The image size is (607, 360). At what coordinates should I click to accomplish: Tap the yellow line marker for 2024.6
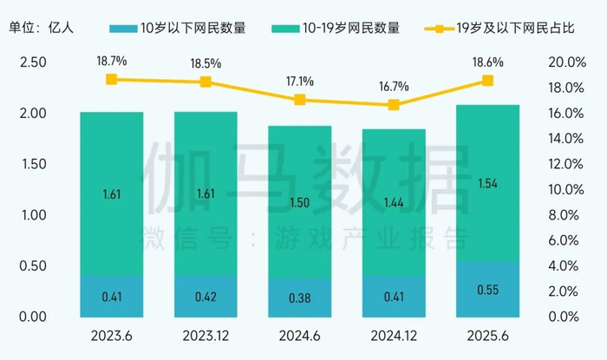300,100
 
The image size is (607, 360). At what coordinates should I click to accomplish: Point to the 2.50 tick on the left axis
32,62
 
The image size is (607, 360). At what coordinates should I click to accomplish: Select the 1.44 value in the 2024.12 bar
394,206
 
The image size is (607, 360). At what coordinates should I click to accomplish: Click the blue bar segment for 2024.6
300,297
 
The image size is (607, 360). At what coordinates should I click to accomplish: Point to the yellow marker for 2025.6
487,81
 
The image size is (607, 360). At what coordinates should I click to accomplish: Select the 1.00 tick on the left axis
32,215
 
